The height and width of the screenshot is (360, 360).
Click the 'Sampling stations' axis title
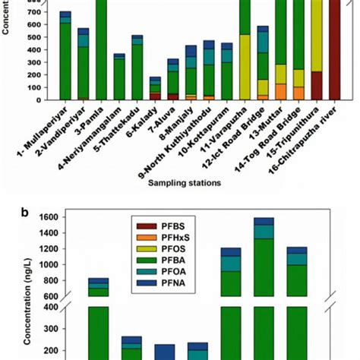(x=185, y=183)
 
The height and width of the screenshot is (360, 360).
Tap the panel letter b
(x=26, y=213)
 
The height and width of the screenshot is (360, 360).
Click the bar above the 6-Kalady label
(x=155, y=88)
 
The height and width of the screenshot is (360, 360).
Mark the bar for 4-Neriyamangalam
(x=119, y=77)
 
